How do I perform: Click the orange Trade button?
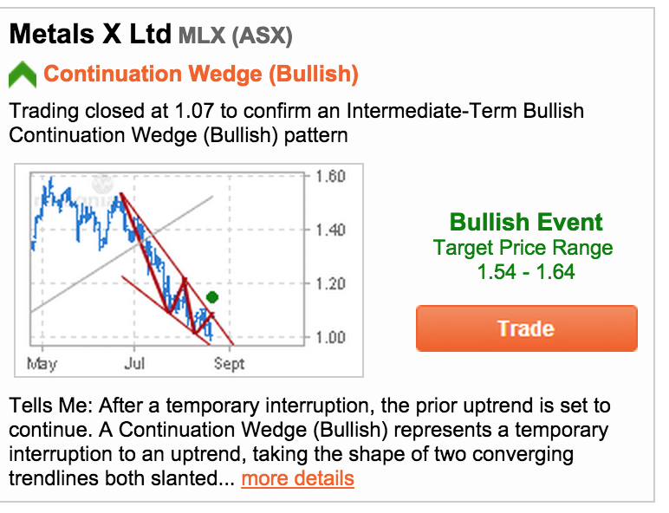[x=527, y=328]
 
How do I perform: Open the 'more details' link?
[x=297, y=478]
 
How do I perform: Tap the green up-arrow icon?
[x=23, y=75]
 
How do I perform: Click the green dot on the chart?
[x=212, y=297]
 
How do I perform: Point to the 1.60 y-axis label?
[x=330, y=176]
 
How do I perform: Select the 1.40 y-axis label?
[x=330, y=230]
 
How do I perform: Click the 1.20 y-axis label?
[x=330, y=283]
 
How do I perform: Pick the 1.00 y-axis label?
[x=330, y=337]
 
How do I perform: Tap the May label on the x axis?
[x=42, y=364]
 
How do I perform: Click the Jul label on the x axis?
[x=134, y=363]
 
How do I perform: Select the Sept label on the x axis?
[x=229, y=364]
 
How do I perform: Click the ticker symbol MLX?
[x=202, y=35]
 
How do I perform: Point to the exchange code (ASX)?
[x=262, y=36]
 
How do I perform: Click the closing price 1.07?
[x=194, y=111]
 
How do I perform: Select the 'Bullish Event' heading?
[x=526, y=222]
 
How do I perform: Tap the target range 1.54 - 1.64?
[x=526, y=272]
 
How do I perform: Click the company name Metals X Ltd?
[x=90, y=34]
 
